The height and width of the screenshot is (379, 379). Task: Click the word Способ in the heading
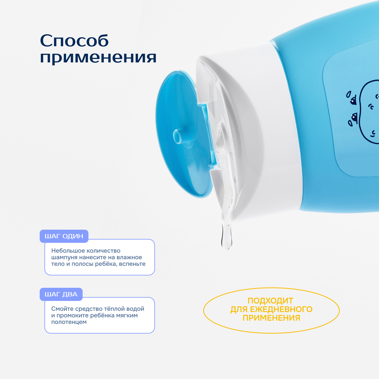74,41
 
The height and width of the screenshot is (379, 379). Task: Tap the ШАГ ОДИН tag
64,236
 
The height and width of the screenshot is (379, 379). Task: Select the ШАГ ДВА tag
61,294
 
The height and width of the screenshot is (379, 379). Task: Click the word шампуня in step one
64,258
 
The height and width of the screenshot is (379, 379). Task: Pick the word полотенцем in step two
69,322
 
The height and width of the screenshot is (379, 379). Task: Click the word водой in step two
136,309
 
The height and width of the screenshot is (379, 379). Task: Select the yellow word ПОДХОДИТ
270,301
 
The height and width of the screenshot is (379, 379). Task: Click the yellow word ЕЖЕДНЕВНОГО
281,310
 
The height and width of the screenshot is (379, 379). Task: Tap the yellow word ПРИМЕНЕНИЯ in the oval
271,318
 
